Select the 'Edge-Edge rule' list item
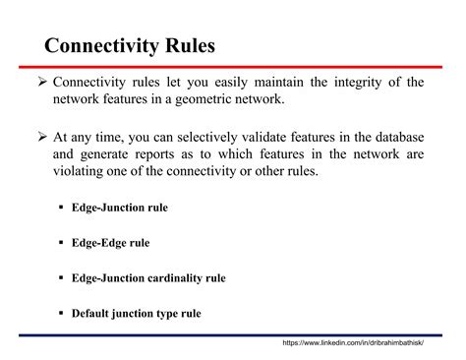(x=110, y=242)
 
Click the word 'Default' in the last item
(x=93, y=315)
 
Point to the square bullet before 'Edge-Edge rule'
(x=61, y=242)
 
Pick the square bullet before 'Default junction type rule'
(x=61, y=315)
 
